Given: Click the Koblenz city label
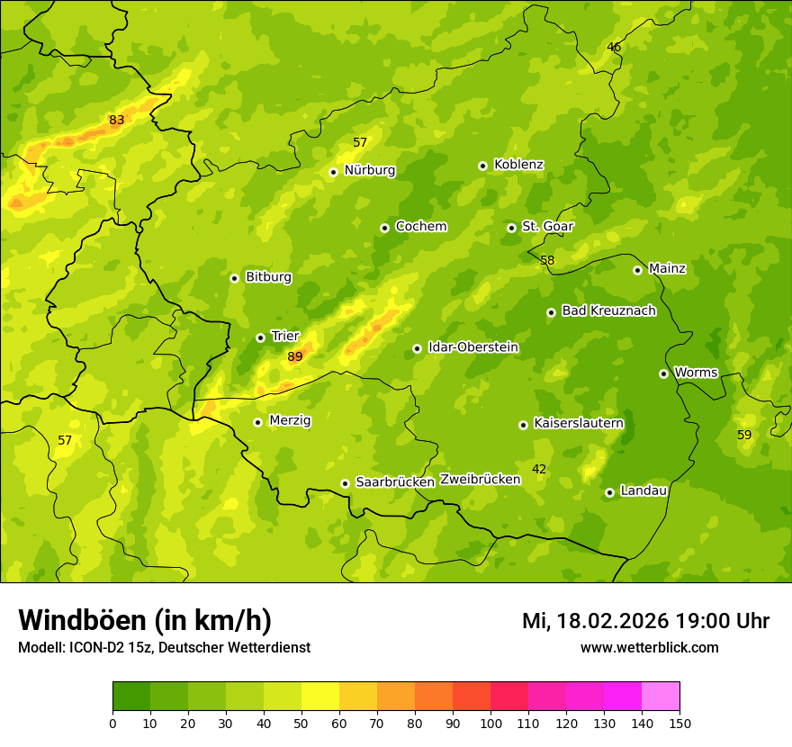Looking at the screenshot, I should coord(518,165).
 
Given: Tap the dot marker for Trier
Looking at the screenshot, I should coord(260,337).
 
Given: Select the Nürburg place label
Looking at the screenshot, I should coord(369,170).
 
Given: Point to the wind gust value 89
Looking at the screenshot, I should coord(295,357).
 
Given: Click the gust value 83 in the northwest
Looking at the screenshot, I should coord(117,121).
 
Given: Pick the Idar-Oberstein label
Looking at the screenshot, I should coord(472,347).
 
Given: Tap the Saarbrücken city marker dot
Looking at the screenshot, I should coord(345,483).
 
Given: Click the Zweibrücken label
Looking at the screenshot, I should coord(480,480).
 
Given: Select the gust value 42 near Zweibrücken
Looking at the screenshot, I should coord(539,469).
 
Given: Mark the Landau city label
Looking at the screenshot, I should coord(643,491).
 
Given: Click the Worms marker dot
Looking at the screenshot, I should coord(663,373).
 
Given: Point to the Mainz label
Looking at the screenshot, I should coord(667,269).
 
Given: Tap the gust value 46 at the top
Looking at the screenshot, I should coord(614,48).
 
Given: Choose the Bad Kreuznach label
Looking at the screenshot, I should coord(608,311).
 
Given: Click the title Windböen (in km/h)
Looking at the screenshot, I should coord(145,620).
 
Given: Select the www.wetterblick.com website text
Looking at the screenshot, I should coord(649,647).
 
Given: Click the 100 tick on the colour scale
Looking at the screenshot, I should coord(490,723).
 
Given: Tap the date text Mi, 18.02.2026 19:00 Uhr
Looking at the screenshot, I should coord(645,621).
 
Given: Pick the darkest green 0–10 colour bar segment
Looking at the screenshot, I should coord(131,697).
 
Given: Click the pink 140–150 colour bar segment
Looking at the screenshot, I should coord(661,697).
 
